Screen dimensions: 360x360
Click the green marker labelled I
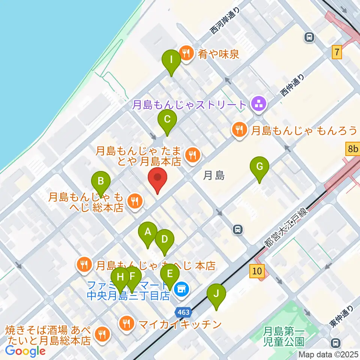click(x=171, y=60)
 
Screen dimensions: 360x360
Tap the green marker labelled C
click(x=167, y=121)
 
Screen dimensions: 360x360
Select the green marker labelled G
click(x=259, y=167)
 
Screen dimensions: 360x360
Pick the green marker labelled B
click(x=101, y=182)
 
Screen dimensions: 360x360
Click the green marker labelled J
click(x=216, y=295)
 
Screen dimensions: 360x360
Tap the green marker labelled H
click(x=120, y=278)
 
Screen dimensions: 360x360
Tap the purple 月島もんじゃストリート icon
click(x=258, y=104)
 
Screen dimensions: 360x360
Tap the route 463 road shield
click(x=184, y=312)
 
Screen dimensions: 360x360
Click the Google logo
click(x=25, y=351)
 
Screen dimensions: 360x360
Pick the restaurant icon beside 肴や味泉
click(x=186, y=53)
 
